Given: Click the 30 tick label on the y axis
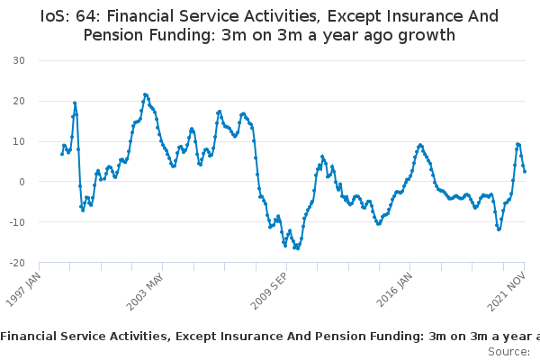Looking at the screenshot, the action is point(19,60).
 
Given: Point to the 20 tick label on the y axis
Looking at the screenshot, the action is point(19,101).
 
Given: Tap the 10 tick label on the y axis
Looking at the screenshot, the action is point(19,141).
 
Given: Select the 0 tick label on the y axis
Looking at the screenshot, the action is point(22,182).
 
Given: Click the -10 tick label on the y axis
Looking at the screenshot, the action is point(17,222).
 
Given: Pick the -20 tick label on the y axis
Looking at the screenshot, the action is point(17,263).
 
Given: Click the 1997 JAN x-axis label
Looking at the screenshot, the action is point(23,290).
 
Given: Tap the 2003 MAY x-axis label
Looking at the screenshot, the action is point(145,292).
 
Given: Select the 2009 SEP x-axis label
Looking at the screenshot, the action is point(268,291).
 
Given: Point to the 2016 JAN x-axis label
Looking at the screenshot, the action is point(394,290).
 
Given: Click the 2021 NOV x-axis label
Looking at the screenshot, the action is point(506,291).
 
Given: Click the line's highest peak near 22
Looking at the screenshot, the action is point(145,94).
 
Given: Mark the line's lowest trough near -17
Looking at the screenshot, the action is point(298,248).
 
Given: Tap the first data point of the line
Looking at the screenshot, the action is point(62,154).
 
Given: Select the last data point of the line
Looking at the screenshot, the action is point(525,171).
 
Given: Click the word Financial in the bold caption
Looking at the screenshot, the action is point(29,337).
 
